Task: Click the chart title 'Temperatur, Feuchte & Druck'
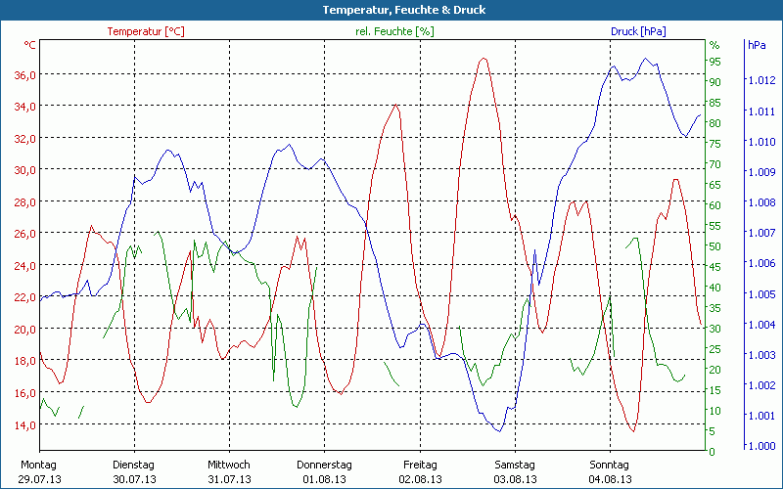pyautogui.click(x=391, y=10)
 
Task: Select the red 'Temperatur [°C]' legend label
pyautogui.click(x=146, y=31)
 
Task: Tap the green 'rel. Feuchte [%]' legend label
pyautogui.click(x=394, y=31)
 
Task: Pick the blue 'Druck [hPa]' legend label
pyautogui.click(x=638, y=31)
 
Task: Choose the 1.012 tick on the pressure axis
pyautogui.click(x=760, y=81)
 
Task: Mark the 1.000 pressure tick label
pyautogui.click(x=760, y=447)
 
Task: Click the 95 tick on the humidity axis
pyautogui.click(x=714, y=61)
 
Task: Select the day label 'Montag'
pyautogui.click(x=38, y=465)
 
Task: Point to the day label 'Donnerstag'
pyautogui.click(x=324, y=465)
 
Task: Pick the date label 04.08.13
pyautogui.click(x=610, y=479)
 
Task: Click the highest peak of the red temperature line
pyautogui.click(x=483, y=59)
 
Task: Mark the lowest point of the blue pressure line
pyautogui.click(x=498, y=430)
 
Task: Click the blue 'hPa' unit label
pyautogui.click(x=757, y=45)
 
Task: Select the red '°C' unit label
pyautogui.click(x=30, y=45)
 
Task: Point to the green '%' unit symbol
pyautogui.click(x=714, y=45)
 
